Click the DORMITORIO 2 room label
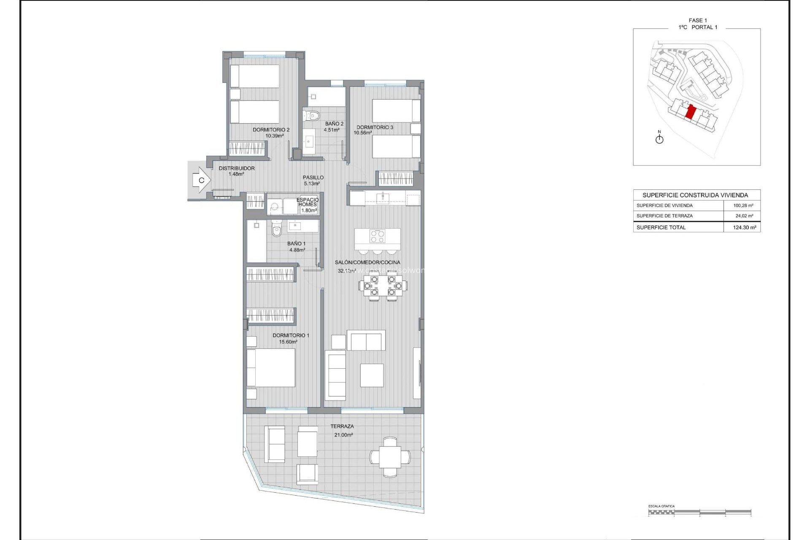point(271,130)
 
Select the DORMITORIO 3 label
point(375,127)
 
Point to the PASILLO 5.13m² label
point(313,180)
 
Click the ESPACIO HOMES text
point(308,202)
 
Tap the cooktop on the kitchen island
point(377,236)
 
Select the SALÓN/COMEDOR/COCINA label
point(367,262)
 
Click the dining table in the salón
point(383,286)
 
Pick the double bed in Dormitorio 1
point(271,368)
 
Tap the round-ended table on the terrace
point(390,457)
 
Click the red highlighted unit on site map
point(691,113)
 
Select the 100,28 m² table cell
point(743,205)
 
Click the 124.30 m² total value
point(744,227)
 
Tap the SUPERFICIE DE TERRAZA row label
point(664,216)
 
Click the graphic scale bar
point(699,512)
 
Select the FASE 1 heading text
point(698,20)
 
